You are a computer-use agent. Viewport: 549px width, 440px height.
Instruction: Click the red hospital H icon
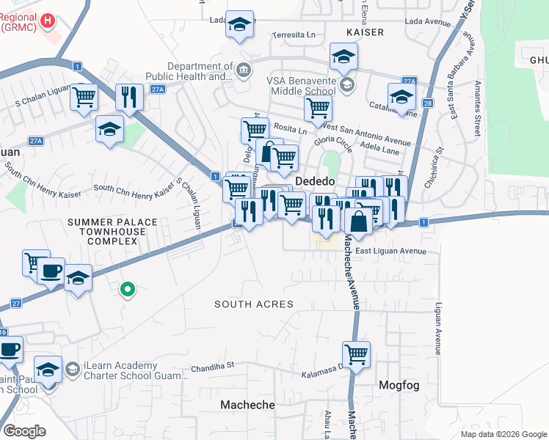pyautogui.click(x=48, y=21)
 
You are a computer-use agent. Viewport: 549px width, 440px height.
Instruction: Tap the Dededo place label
pyautogui.click(x=315, y=181)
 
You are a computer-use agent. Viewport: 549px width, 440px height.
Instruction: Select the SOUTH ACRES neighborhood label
pyautogui.click(x=254, y=304)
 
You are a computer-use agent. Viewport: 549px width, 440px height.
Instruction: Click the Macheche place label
pyautogui.click(x=247, y=405)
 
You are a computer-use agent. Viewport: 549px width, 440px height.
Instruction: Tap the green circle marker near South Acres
pyautogui.click(x=128, y=290)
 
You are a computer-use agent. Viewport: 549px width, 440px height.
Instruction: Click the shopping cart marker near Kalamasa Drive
pyautogui.click(x=356, y=355)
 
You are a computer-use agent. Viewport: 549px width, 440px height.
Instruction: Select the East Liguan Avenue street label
pyautogui.click(x=390, y=251)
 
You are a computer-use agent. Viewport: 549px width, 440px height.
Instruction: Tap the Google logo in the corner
pyautogui.click(x=24, y=430)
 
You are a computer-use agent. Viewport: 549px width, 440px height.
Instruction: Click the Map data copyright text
pyautogui.click(x=503, y=434)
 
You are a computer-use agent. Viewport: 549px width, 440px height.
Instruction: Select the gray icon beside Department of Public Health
pyautogui.click(x=244, y=70)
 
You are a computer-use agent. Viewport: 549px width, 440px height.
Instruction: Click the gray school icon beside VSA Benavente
pyautogui.click(x=347, y=85)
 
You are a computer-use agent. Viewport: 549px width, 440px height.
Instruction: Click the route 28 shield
pyautogui.click(x=427, y=105)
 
